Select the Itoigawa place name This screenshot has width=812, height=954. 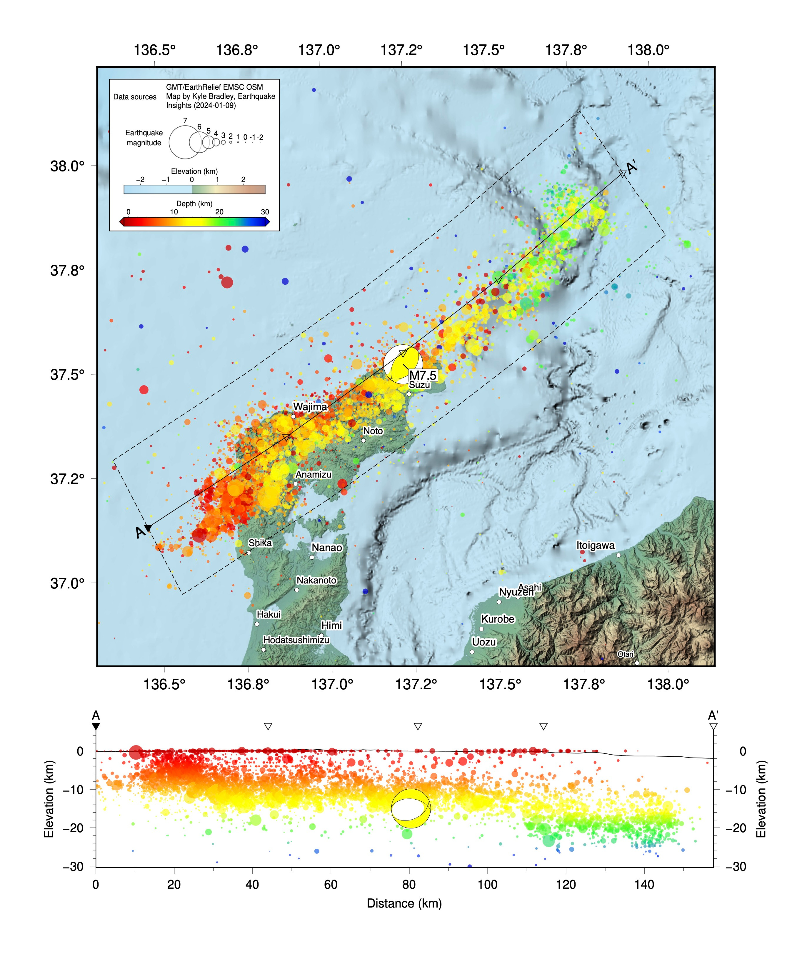(595, 545)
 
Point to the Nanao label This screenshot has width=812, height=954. (327, 548)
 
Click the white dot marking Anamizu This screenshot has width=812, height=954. (296, 484)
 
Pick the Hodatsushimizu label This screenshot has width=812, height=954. (296, 640)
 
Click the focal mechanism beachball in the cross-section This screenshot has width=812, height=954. (411, 808)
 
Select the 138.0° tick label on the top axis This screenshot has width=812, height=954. (648, 50)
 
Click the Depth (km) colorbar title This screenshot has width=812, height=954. (194, 204)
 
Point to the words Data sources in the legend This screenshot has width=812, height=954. (135, 97)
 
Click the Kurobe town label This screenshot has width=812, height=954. (498, 619)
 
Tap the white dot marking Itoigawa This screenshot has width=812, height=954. (618, 555)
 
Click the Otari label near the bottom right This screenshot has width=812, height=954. (625, 654)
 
